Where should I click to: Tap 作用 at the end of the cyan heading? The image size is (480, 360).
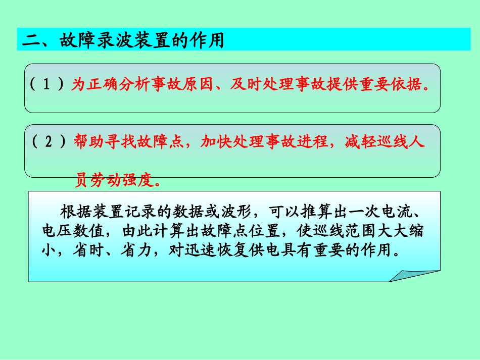(x=207, y=40)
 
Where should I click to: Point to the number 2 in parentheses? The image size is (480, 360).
(x=49, y=142)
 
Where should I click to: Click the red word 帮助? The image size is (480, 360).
(x=87, y=142)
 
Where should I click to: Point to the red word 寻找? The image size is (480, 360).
(x=118, y=142)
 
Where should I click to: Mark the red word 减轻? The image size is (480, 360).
(x=358, y=142)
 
